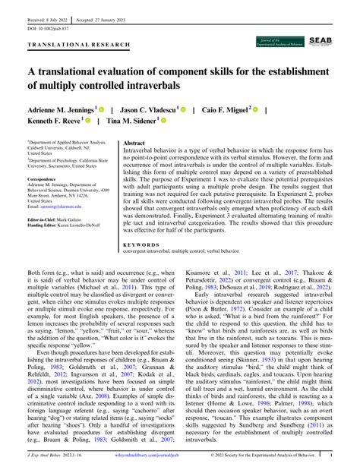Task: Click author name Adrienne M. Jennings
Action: pos(62,109)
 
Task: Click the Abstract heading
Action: pos(134,143)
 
